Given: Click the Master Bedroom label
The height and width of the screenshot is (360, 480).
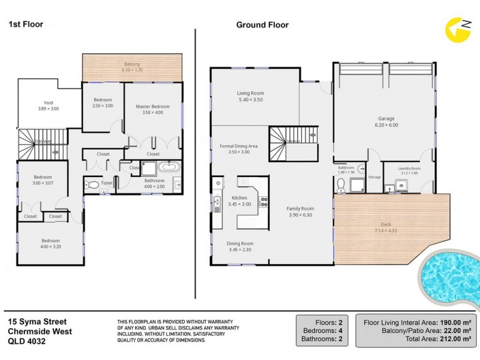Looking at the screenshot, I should coord(152,106).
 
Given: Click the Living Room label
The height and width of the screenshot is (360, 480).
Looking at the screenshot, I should coord(250,93).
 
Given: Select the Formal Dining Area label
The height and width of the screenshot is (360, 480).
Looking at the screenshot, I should coord(238,146).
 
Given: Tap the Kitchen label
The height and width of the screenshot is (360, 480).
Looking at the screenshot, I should coord(239,197).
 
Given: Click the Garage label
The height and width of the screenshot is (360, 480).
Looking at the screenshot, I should coord(386,119).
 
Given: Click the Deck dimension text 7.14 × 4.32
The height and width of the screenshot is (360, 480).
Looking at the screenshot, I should coord(386,231).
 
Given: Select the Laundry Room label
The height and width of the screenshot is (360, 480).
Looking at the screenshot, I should coord(409,169).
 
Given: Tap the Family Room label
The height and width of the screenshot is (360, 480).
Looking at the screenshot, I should coord(301,208).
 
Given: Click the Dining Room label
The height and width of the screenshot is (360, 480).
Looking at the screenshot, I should coord(239,244).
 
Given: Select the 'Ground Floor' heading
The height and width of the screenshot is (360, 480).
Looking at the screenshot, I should coord(262,25).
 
